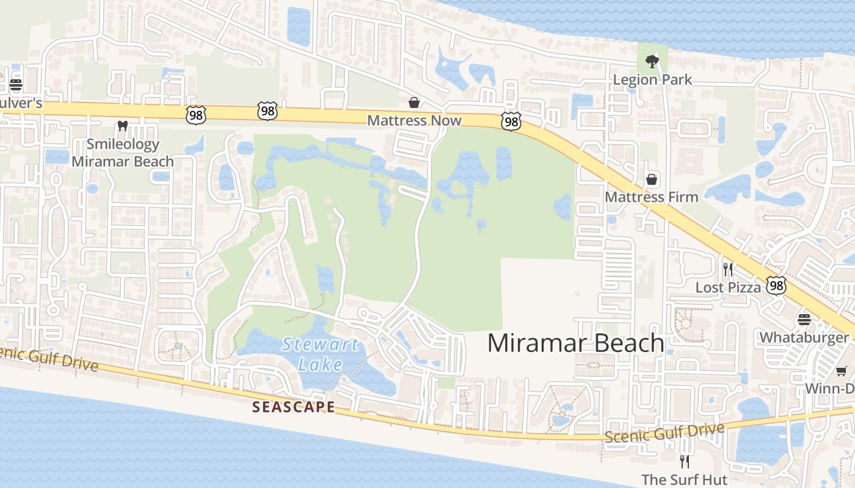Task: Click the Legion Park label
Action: (652, 79)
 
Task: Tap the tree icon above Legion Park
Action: (652, 61)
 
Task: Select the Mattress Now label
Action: (414, 120)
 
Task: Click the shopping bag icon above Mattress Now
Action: (414, 102)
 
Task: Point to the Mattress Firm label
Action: (651, 197)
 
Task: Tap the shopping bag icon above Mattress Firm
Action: (652, 179)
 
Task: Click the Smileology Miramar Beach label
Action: (123, 153)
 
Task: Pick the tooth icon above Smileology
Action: (122, 126)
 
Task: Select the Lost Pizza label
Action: (727, 287)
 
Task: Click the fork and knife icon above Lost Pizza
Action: (727, 269)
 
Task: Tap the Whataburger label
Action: (804, 337)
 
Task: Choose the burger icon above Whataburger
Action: (804, 320)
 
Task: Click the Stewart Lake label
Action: (320, 354)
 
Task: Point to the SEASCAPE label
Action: (294, 407)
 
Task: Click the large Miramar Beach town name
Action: (575, 343)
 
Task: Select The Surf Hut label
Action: (684, 479)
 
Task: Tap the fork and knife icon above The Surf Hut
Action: (684, 462)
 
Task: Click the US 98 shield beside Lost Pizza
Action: (776, 285)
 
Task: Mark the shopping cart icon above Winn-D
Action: (841, 371)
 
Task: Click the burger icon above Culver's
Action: (16, 84)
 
